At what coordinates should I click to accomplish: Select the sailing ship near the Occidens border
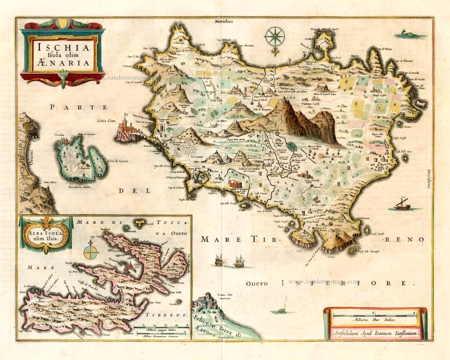pyautogui.click(x=401, y=204)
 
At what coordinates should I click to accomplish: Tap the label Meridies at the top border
pyautogui.click(x=224, y=21)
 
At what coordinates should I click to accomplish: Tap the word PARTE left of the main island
pyautogui.click(x=79, y=107)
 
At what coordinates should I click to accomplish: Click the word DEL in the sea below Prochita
pyautogui.click(x=128, y=191)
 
